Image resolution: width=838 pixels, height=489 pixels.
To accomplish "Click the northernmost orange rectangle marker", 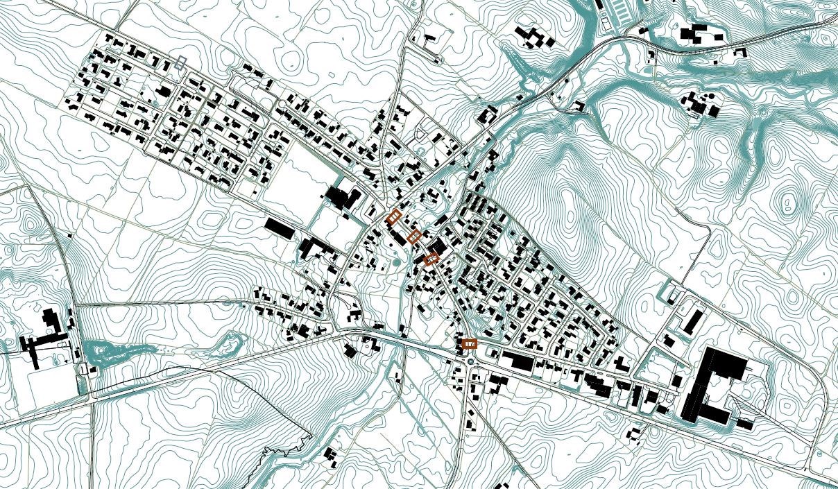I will pos(393,216).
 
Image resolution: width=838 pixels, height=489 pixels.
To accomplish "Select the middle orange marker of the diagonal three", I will pos(414,237).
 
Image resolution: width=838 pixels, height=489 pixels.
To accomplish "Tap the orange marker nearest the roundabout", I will pos(470,343).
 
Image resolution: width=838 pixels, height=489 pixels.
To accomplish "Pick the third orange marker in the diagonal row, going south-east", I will pos(431,259).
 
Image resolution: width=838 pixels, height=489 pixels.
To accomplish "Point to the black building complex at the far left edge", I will pos(45,336).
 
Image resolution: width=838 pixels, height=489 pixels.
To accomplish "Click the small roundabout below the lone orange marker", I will pos(471,359).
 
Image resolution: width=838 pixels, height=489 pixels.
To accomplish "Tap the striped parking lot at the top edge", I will pos(617,14).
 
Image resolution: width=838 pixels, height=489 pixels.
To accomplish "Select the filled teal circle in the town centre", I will pos(396,263).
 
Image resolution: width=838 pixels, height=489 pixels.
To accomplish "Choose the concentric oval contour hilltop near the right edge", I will pos(789,203).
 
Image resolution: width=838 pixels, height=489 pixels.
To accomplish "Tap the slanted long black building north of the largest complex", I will pos(694,320).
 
